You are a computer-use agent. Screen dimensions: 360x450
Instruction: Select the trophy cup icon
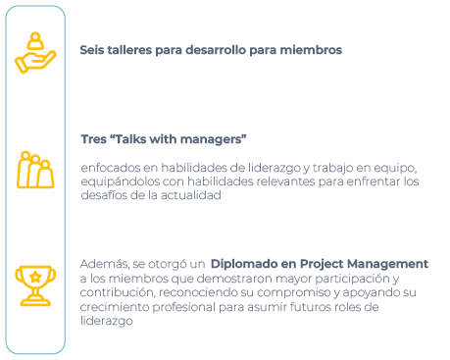(x=35, y=284)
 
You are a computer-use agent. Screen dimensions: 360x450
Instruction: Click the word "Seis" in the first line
(x=91, y=50)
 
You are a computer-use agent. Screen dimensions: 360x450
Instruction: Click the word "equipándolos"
(x=121, y=180)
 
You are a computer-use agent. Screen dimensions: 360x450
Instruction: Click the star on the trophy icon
(x=35, y=278)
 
